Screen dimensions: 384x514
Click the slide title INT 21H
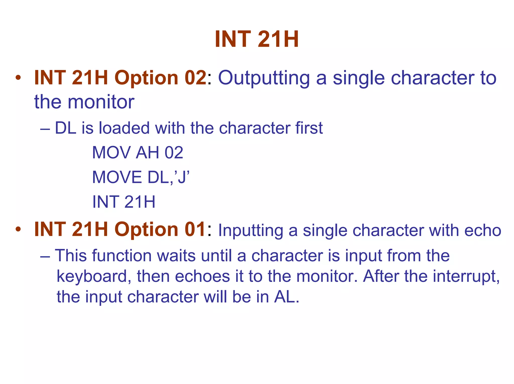256,39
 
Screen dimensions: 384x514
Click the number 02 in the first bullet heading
195,78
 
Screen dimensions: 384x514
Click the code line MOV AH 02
138,152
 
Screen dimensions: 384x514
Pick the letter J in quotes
183,177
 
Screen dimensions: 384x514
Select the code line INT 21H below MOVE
124,202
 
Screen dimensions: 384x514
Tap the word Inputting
250,231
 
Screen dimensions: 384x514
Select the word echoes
202,276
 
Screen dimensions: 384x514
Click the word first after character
309,128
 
